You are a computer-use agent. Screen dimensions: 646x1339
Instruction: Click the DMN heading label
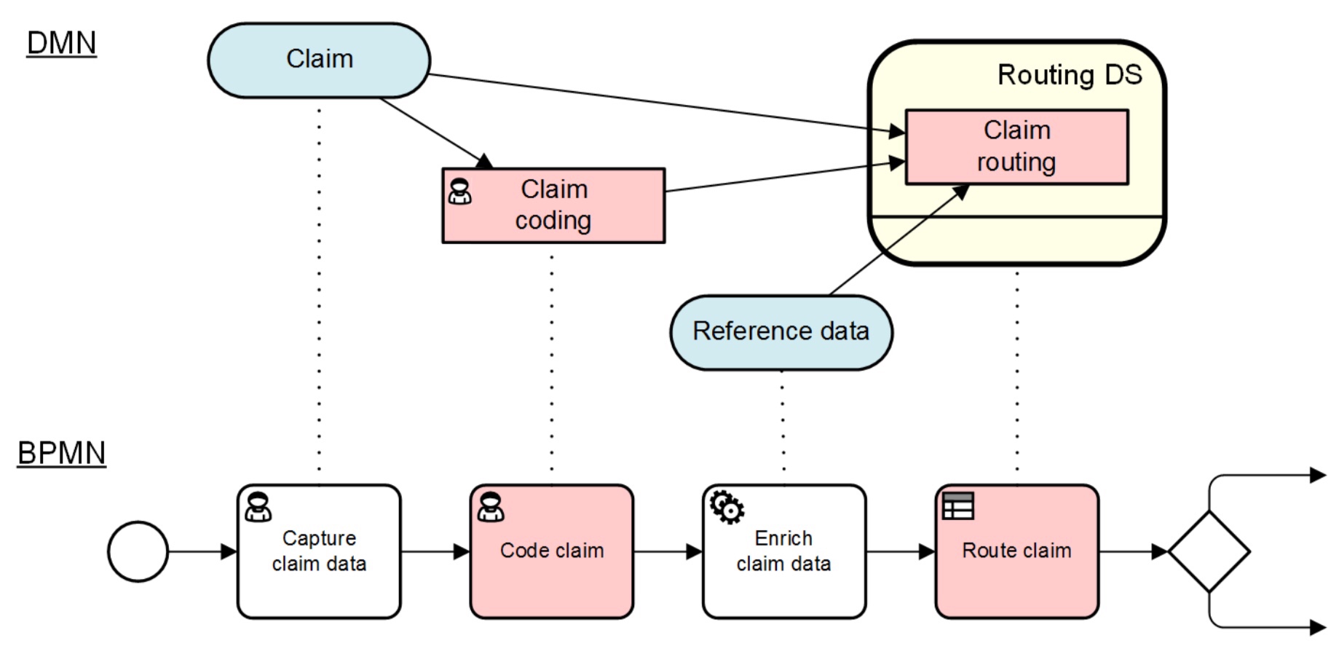[61, 43]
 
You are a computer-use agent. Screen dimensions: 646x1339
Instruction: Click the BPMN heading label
[61, 453]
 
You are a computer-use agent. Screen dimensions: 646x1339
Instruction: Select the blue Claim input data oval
[319, 60]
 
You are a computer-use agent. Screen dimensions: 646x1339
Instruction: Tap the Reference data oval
[781, 332]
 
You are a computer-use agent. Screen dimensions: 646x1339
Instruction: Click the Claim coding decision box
[553, 205]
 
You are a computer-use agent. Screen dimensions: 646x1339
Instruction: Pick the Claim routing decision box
[1016, 146]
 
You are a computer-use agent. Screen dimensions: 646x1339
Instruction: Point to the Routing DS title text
[1069, 75]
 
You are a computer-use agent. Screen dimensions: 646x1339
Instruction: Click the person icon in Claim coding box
[459, 191]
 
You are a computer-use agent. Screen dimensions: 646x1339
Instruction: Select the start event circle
[138, 551]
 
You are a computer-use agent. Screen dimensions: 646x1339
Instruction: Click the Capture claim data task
[319, 551]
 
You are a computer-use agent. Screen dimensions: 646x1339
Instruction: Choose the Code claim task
[552, 551]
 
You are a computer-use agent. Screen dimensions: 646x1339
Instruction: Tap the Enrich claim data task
[783, 551]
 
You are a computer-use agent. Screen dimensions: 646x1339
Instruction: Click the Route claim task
[1016, 551]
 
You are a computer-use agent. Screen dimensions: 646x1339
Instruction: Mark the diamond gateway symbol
[1209, 551]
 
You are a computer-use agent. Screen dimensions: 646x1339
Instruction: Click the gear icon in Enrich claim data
[727, 507]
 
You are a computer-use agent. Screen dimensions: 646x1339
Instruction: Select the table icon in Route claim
[957, 506]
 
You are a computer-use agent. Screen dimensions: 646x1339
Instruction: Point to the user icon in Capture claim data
[258, 507]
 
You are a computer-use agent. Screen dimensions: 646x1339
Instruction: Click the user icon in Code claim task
[490, 507]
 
